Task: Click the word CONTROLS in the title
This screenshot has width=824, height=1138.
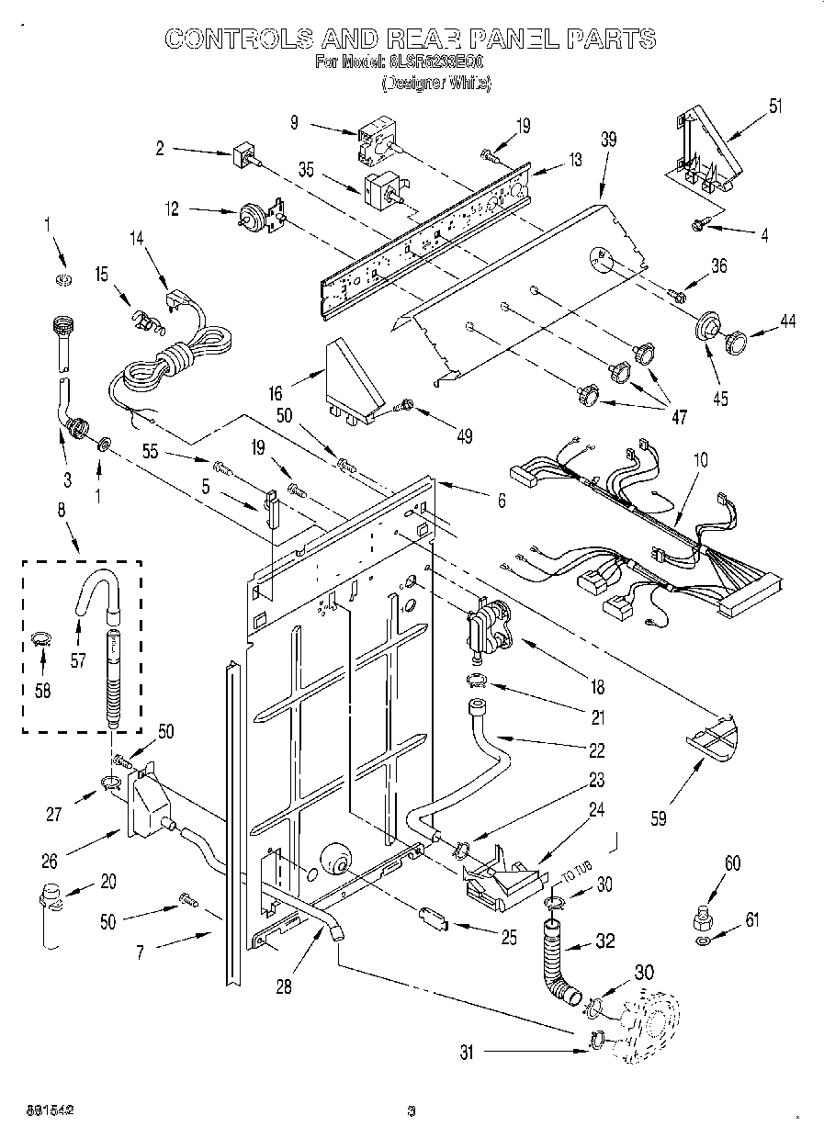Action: pyautogui.click(x=236, y=39)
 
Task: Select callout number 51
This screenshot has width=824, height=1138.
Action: pyautogui.click(x=776, y=105)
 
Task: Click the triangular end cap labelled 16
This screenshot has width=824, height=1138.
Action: pyautogui.click(x=353, y=379)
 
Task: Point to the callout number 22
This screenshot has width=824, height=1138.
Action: pyautogui.click(x=597, y=750)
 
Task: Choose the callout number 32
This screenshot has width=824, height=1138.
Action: pyautogui.click(x=604, y=941)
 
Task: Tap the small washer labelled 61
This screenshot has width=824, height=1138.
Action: pyautogui.click(x=703, y=941)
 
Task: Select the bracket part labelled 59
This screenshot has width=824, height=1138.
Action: pyautogui.click(x=713, y=735)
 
